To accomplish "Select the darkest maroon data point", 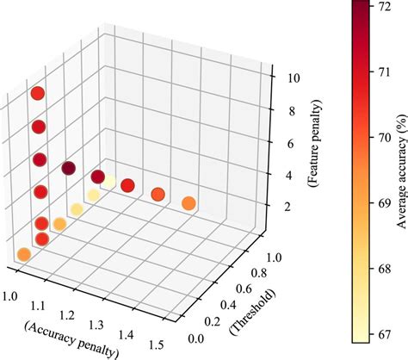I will point(69,168).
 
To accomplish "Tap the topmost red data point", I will point(37,94).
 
